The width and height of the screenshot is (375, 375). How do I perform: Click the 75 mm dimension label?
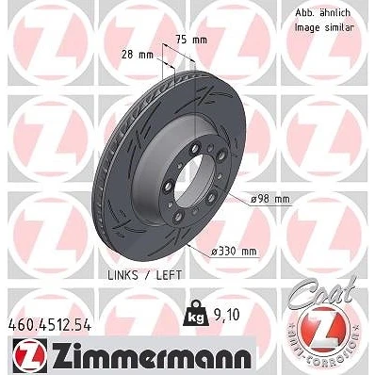(x=191, y=41)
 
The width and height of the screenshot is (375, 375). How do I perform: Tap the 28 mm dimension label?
(x=138, y=55)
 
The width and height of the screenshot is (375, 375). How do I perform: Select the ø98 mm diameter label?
(x=270, y=199)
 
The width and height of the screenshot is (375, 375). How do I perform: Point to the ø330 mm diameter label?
(x=234, y=252)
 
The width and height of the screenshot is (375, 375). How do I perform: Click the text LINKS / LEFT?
(x=145, y=275)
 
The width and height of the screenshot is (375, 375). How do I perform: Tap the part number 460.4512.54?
(x=49, y=325)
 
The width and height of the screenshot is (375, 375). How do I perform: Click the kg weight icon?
(x=195, y=314)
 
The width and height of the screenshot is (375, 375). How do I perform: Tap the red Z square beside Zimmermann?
(x=30, y=355)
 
